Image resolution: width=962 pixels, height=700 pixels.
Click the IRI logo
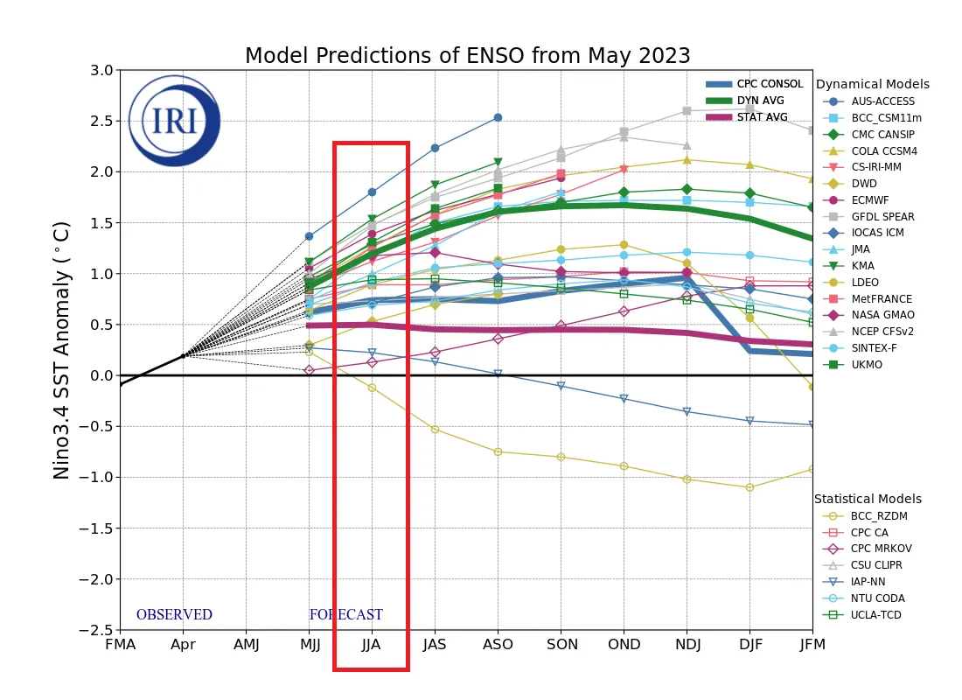coord(174,121)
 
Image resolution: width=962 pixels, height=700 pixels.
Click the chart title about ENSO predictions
coord(467,56)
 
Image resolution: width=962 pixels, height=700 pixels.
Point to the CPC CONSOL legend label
coord(770,84)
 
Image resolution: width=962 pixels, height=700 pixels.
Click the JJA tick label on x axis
coord(372,645)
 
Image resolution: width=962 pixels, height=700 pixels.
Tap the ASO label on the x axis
coord(498,645)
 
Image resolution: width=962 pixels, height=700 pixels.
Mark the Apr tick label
coord(183,645)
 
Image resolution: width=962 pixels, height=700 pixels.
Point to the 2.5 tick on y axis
coord(101,121)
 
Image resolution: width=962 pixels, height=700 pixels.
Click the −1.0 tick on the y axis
coord(96,478)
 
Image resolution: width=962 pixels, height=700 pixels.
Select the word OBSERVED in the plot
coord(174,615)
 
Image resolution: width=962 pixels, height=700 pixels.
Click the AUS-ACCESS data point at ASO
coord(498,117)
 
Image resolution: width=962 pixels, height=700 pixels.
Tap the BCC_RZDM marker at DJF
coord(749,487)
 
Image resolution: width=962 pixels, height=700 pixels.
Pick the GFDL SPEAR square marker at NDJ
coord(687,111)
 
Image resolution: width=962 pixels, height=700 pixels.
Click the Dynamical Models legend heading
coord(872,85)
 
